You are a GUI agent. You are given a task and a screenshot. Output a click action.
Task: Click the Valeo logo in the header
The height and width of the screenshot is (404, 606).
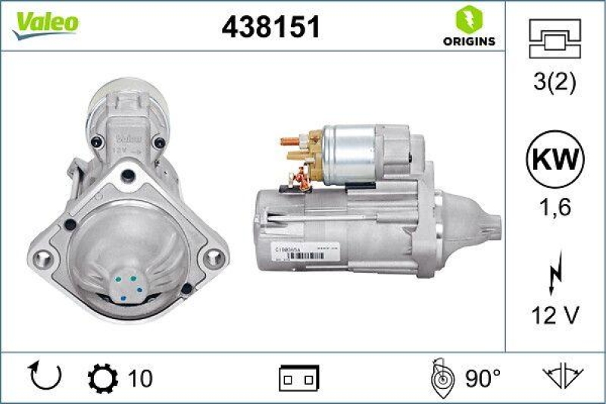[x=44, y=23]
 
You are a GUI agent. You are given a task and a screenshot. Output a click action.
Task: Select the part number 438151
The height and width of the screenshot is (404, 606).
[x=270, y=28]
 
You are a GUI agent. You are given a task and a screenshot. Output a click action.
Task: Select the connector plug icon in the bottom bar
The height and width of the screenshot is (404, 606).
[x=299, y=377]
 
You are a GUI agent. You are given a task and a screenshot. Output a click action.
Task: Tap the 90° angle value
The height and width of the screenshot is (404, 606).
[x=482, y=377]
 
